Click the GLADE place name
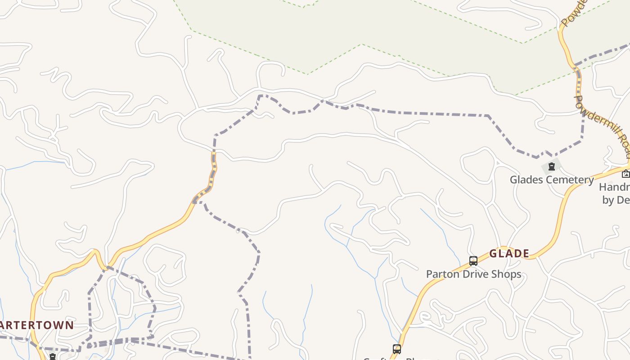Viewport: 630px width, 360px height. pos(509,254)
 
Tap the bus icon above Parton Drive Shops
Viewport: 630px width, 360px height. pos(473,261)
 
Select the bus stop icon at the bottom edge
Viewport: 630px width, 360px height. pos(396,349)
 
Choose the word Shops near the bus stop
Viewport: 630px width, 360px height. pos(506,274)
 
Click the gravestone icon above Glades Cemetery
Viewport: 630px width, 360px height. pos(551,167)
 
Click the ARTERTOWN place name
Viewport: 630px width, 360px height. pos(36,325)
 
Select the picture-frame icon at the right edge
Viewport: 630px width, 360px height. pos(625,174)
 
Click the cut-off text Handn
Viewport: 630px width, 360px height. pos(615,187)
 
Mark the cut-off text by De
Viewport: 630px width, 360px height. pos(616,200)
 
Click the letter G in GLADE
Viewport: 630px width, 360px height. pos(494,254)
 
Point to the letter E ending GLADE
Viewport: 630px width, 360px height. pos(526,254)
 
